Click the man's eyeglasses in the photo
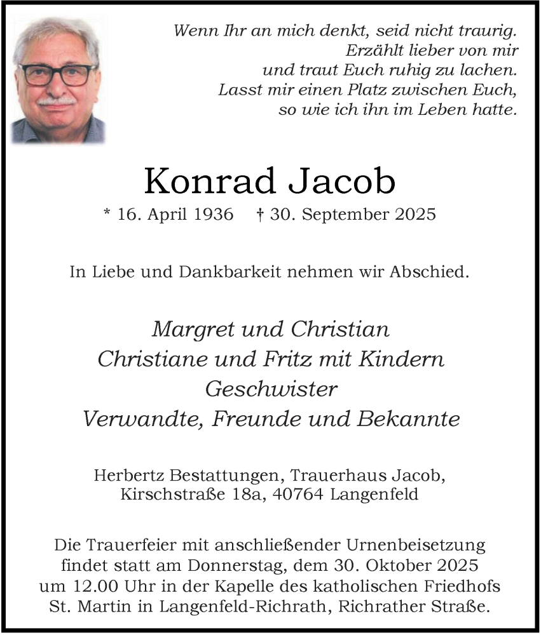pyautogui.click(x=58, y=75)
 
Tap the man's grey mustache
pyautogui.click(x=57, y=101)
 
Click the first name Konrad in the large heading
pyautogui.click(x=207, y=182)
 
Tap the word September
pyautogui.click(x=343, y=215)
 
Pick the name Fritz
pyautogui.click(x=285, y=359)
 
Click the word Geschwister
pyautogui.click(x=270, y=389)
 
